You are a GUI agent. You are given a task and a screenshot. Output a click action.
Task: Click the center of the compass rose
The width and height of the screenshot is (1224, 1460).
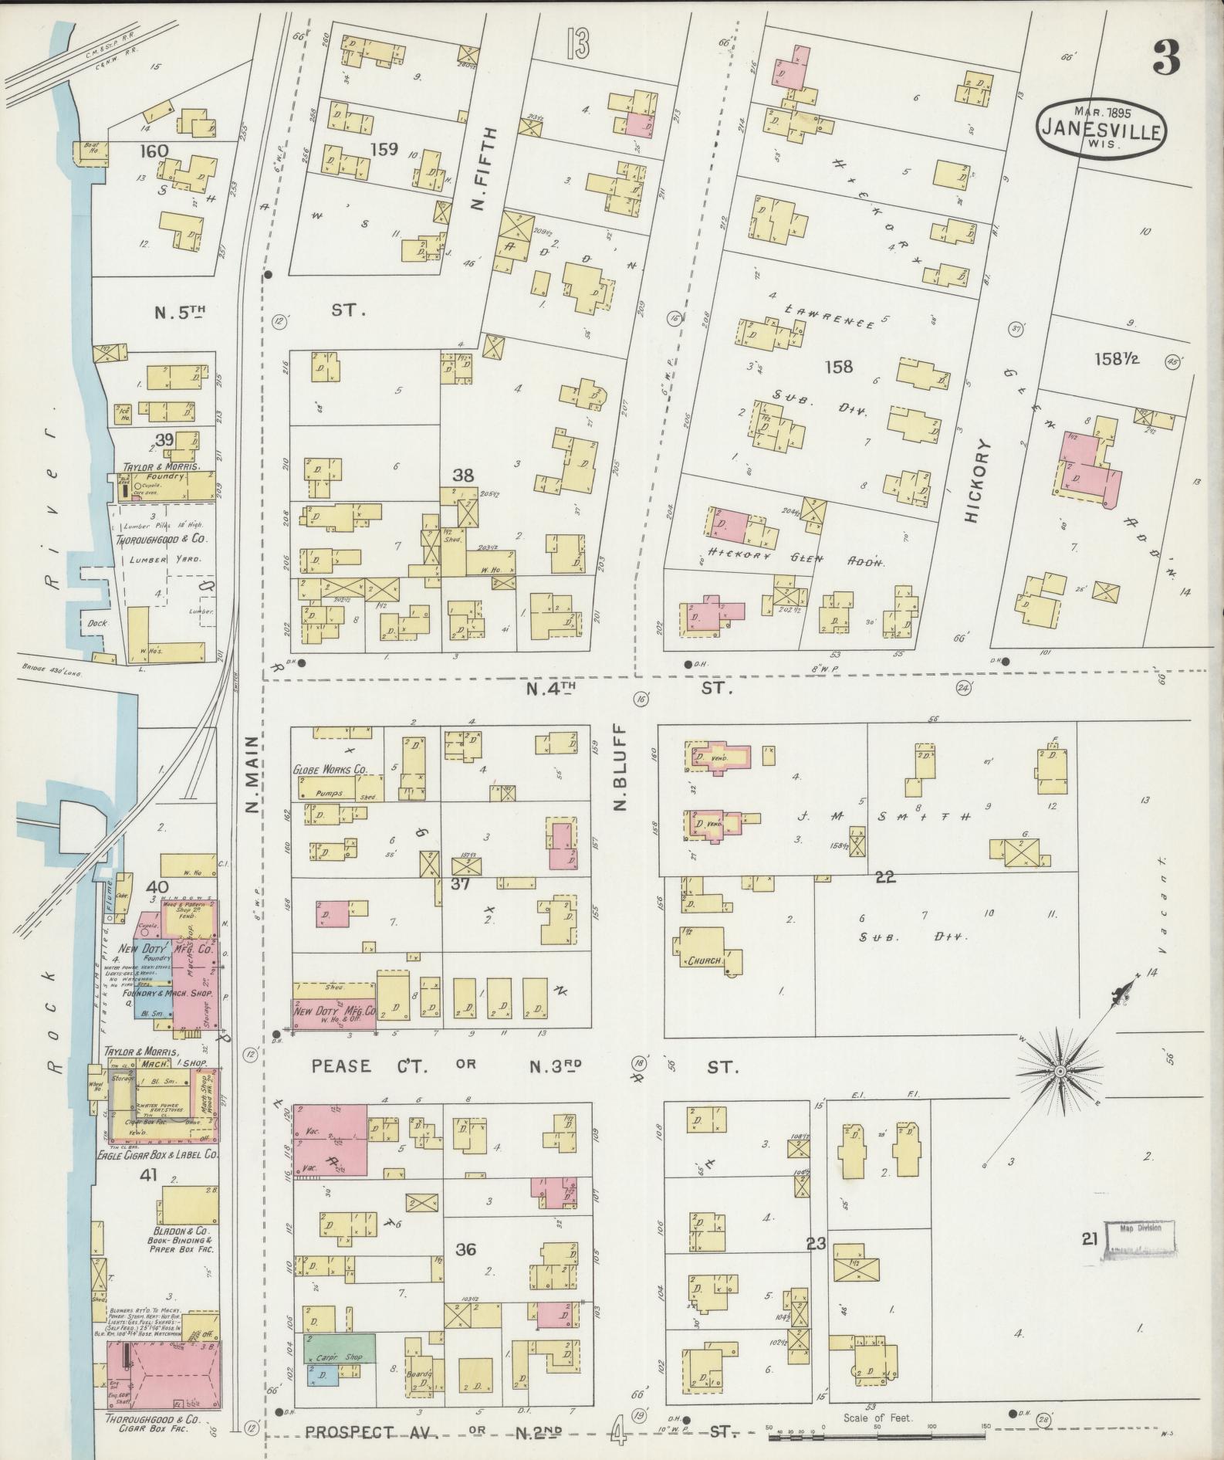click(1061, 1073)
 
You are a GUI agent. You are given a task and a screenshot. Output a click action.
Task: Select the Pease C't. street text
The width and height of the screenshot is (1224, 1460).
click(363, 1066)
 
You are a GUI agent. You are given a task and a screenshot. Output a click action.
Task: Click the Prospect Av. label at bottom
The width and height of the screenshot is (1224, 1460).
click(371, 1432)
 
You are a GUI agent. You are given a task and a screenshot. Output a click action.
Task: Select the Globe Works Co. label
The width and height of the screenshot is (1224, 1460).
click(329, 770)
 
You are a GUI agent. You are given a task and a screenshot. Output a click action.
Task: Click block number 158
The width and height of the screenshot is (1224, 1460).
click(839, 367)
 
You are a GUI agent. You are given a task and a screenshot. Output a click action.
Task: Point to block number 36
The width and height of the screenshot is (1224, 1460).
click(465, 1248)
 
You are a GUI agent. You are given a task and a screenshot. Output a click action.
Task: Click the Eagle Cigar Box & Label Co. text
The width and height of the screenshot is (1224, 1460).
click(157, 1155)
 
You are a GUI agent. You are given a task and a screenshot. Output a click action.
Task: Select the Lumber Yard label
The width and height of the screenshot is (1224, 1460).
click(165, 559)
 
